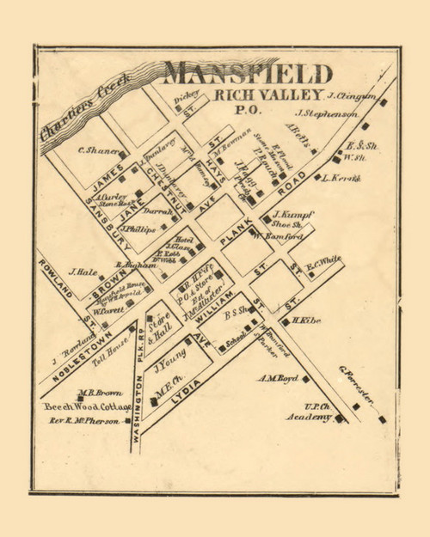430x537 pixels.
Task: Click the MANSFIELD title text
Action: (248, 72)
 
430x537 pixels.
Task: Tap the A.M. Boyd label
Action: (277, 378)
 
